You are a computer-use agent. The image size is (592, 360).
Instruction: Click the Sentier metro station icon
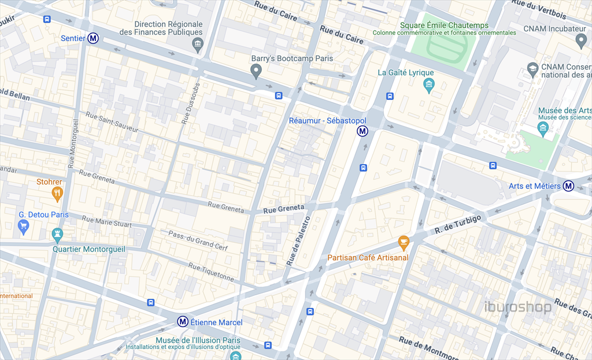[x=93, y=39]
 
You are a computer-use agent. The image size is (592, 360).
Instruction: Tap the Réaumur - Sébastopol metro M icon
[x=362, y=131]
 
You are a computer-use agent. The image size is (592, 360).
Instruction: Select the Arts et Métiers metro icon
[x=569, y=186]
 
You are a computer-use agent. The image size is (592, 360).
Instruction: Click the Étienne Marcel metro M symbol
[x=183, y=322]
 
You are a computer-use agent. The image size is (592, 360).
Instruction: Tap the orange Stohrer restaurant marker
[x=57, y=194]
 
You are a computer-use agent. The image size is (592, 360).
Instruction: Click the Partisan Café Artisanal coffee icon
[x=404, y=242]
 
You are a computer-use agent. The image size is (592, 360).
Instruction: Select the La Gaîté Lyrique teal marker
[x=428, y=86]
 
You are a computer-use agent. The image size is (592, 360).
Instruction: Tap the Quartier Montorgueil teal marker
[x=57, y=235]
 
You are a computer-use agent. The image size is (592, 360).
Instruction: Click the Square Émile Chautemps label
[x=444, y=25]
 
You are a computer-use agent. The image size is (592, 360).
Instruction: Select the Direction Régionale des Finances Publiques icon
[x=198, y=45]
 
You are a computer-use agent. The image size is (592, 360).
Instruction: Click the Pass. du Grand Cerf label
[x=198, y=240]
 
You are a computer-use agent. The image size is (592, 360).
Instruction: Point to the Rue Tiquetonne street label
[x=211, y=272]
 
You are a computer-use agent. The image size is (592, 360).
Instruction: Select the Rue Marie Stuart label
[x=107, y=222]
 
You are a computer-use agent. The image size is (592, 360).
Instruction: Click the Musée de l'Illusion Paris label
[x=198, y=340]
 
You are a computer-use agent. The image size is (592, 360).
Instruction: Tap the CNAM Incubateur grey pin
[x=582, y=40]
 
